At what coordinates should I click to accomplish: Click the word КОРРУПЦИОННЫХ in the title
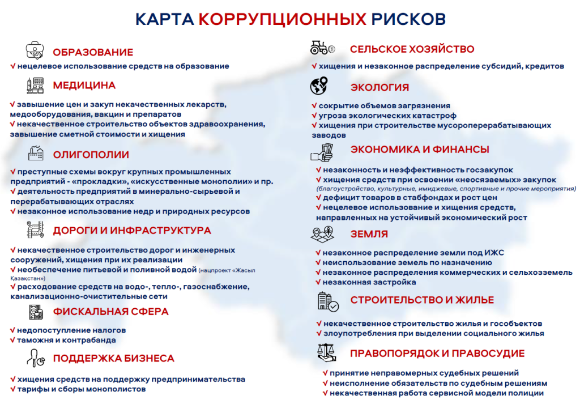point(283,19)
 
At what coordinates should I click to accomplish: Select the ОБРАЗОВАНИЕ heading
point(93,53)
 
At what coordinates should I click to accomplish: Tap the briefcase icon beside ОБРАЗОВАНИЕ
point(36,50)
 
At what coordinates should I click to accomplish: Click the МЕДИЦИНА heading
point(84,86)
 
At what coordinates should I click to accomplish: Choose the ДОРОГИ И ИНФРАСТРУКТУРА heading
point(132,231)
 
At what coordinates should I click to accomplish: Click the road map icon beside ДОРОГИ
point(36,229)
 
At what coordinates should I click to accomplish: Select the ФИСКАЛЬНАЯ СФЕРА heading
point(111,312)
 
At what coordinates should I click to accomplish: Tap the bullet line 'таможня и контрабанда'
point(66,340)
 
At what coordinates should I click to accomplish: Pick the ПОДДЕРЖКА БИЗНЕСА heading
point(114,359)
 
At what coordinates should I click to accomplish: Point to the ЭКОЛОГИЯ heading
point(379,87)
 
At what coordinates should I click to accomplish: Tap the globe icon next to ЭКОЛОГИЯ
point(319,86)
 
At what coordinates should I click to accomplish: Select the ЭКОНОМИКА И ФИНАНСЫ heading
point(420,150)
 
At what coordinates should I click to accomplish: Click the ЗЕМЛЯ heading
point(369,234)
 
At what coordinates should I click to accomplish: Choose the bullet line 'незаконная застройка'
point(369,282)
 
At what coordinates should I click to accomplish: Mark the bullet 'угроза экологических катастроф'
point(380,116)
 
